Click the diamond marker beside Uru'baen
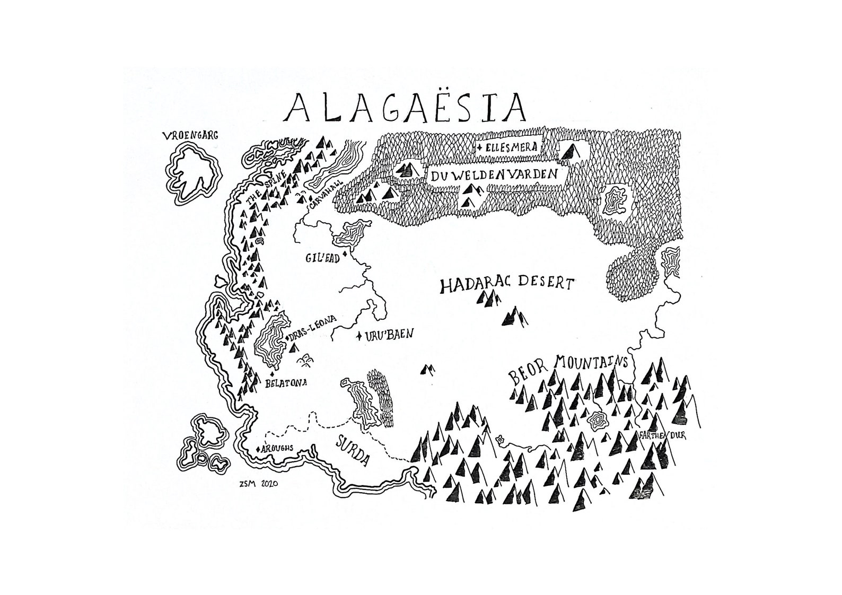pyautogui.click(x=359, y=335)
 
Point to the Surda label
pyautogui.click(x=352, y=450)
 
